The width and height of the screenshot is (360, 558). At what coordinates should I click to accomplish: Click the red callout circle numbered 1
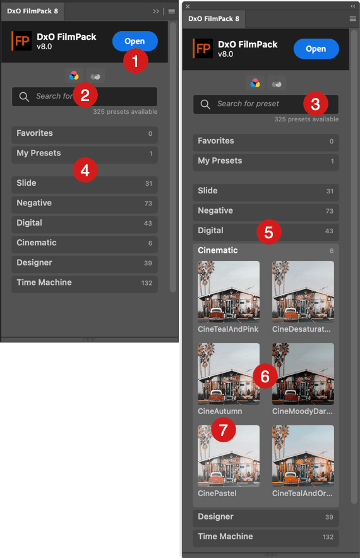click(136, 61)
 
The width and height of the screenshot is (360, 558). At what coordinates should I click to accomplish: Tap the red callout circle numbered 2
click(85, 95)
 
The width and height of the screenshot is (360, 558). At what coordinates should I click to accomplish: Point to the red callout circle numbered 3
click(316, 104)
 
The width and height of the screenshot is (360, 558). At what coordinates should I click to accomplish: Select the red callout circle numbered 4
click(85, 170)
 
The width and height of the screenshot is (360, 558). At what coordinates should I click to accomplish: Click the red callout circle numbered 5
click(269, 232)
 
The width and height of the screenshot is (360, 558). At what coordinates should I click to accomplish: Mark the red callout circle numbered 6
click(265, 376)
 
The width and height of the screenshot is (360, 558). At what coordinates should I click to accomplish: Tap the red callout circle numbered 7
click(224, 430)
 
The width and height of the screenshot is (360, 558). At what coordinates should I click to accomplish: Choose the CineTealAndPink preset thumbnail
click(229, 291)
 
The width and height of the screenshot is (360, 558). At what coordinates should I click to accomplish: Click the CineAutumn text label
click(220, 411)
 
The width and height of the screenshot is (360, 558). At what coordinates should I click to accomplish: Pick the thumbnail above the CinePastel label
click(229, 456)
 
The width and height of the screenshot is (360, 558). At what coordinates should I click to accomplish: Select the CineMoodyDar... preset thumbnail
click(303, 373)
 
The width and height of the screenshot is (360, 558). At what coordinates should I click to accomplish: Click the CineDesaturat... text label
click(301, 329)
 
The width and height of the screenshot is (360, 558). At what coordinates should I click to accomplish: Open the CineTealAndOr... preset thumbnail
click(303, 456)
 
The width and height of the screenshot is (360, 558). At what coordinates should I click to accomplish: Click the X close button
click(188, 6)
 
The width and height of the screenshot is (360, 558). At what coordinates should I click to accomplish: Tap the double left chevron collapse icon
click(352, 6)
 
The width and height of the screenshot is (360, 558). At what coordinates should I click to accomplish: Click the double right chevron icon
click(156, 11)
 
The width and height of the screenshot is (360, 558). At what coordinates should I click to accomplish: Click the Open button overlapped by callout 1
click(135, 41)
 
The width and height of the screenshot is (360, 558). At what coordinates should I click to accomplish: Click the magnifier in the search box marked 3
click(205, 104)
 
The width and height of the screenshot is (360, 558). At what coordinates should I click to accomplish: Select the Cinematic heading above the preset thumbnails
click(218, 250)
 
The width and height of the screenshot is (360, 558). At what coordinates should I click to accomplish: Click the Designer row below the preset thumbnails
click(266, 517)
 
